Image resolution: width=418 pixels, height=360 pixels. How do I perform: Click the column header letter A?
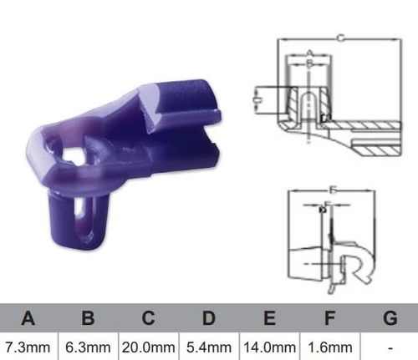[28, 317]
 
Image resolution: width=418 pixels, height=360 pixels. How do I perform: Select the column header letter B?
[89, 317]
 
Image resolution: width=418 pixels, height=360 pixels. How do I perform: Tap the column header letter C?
[148, 317]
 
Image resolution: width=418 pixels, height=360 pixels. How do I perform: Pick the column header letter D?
[208, 317]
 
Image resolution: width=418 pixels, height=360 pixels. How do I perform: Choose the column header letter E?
[269, 317]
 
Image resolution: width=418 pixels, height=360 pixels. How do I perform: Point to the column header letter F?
[329, 317]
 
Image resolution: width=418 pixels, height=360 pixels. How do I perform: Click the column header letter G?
[389, 317]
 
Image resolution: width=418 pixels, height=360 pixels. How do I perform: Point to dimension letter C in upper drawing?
[339, 36]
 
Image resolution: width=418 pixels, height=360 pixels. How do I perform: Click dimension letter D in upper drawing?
[254, 100]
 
